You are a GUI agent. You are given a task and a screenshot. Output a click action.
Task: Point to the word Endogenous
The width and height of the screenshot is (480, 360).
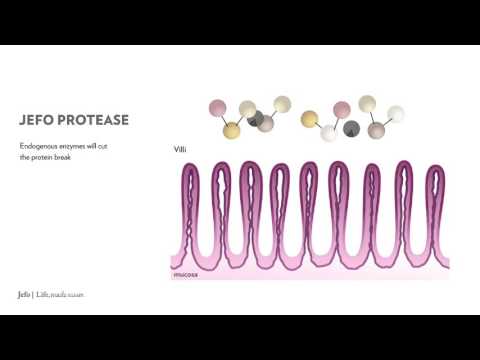[x=40, y=147]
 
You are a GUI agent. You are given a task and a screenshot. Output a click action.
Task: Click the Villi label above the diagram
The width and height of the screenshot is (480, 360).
[x=181, y=150]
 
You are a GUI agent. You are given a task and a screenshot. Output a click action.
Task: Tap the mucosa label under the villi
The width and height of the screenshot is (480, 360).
[x=186, y=272]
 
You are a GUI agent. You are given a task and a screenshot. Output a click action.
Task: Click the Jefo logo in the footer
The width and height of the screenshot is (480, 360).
[x=25, y=295]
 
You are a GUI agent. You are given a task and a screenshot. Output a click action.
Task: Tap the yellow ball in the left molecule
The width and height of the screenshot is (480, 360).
[x=232, y=130]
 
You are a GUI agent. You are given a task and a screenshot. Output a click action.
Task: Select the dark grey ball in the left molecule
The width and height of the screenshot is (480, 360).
[x=265, y=123]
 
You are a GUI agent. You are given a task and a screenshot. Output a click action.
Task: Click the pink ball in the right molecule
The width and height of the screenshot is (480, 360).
[x=342, y=107]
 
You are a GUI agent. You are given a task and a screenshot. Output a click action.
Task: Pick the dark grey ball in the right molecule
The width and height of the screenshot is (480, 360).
[x=351, y=128]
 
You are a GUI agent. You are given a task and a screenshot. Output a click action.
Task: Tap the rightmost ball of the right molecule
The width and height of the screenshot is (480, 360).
[x=396, y=114]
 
